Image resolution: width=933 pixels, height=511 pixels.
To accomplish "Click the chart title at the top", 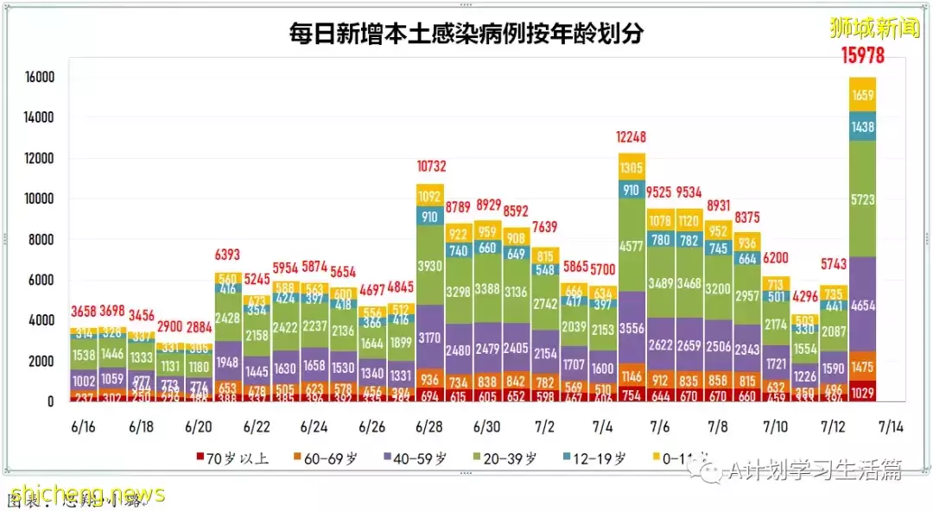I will pyautogui.click(x=466, y=35).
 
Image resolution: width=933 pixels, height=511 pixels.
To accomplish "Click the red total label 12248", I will pyautogui.click(x=632, y=137).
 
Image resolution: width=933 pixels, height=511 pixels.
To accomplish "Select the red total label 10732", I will pyautogui.click(x=429, y=167).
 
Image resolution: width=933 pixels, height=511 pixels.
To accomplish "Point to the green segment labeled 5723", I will pyautogui.click(x=862, y=199).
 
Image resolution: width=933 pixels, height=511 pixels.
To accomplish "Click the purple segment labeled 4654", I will pyautogui.click(x=862, y=304).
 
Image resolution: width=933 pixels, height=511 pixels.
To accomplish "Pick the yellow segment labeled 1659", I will pyautogui.click(x=862, y=96).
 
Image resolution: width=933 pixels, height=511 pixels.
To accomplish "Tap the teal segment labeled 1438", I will pyautogui.click(x=862, y=126).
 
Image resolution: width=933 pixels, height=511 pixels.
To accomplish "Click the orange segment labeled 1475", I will pyautogui.click(x=862, y=366).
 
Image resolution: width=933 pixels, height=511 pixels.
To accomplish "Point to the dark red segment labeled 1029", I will pyautogui.click(x=862, y=393).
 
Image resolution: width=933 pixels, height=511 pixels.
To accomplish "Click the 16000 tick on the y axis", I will pyautogui.click(x=40, y=78).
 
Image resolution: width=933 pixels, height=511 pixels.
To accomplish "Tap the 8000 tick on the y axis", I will pyautogui.click(x=43, y=240).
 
